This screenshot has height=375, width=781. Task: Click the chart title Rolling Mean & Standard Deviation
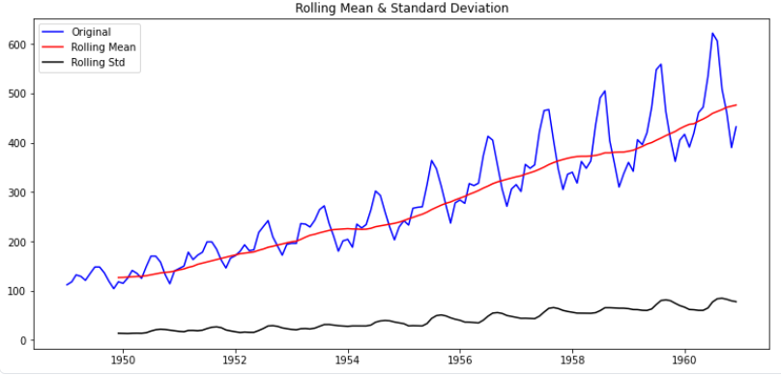pyautogui.click(x=401, y=8)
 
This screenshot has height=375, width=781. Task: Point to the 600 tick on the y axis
pyautogui.click(x=17, y=44)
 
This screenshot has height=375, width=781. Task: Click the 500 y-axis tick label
pyautogui.click(x=17, y=94)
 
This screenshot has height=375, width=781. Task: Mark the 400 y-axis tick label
pyautogui.click(x=17, y=143)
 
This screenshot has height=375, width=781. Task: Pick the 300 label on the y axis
pyautogui.click(x=17, y=192)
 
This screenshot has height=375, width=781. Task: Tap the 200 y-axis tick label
pyautogui.click(x=17, y=242)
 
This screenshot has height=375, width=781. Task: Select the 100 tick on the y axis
pyautogui.click(x=17, y=291)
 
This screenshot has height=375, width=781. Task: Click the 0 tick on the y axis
pyautogui.click(x=23, y=340)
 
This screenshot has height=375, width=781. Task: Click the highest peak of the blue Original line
pyautogui.click(x=712, y=34)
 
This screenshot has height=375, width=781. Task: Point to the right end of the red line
pyautogui.click(x=737, y=104)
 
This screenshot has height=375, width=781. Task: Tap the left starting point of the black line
pyautogui.click(x=118, y=333)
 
